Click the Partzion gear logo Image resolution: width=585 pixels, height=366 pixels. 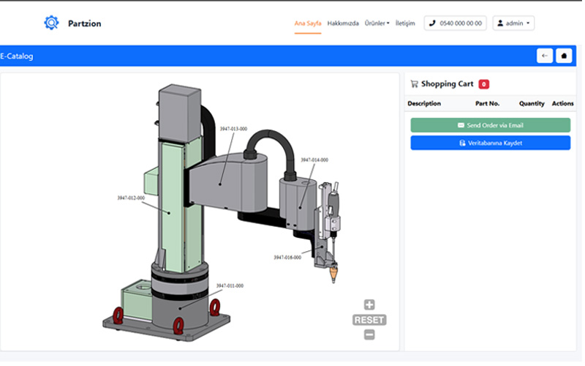(x=50, y=23)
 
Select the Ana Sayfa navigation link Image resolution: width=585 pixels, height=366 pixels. (x=307, y=23)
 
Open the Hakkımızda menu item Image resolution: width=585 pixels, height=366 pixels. (x=343, y=23)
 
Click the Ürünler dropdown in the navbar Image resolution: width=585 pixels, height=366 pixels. (x=377, y=23)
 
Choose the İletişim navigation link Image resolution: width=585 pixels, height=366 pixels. (x=405, y=23)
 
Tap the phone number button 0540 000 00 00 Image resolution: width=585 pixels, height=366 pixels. (x=455, y=23)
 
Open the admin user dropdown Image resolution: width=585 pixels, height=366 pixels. (x=513, y=23)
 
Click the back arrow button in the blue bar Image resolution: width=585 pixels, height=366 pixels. (x=544, y=56)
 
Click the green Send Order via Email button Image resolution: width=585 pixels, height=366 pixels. (x=490, y=125)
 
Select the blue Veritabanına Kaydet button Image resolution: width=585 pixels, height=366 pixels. (x=490, y=143)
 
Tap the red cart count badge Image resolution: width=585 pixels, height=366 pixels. (x=484, y=84)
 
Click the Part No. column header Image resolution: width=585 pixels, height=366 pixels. (x=487, y=104)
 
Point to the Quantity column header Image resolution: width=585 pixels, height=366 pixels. (x=532, y=104)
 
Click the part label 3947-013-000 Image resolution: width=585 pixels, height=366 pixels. (x=233, y=128)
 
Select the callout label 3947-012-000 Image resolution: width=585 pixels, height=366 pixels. (x=131, y=198)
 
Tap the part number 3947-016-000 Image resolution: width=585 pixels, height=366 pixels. (x=287, y=257)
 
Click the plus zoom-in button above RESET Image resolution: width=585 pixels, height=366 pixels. (x=369, y=305)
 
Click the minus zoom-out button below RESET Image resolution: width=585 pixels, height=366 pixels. (x=369, y=335)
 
